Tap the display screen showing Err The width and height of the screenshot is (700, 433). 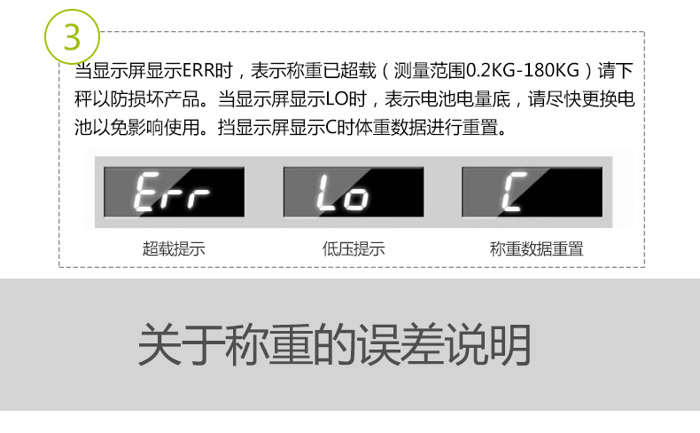[172, 191]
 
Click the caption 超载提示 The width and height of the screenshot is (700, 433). [174, 249]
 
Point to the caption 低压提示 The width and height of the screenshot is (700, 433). [354, 249]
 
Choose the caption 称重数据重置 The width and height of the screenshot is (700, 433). [537, 249]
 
